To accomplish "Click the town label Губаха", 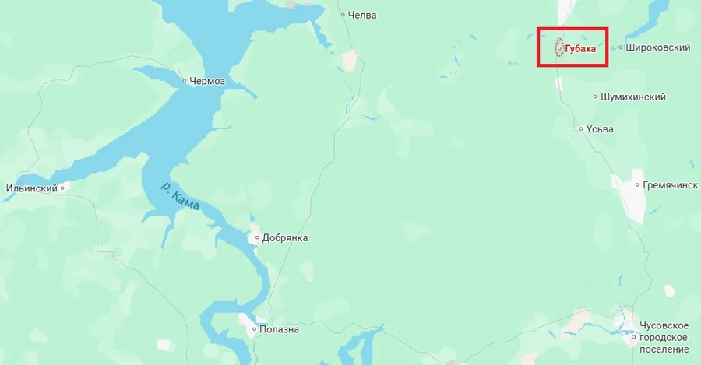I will pos(580,48).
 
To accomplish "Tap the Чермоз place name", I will pos(207,80).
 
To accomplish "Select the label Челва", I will pos(363,15).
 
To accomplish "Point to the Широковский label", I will pos(659,47).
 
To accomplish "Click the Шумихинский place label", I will pos(633,97).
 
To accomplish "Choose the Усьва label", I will pos(600,128).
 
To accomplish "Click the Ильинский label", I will pos(32,188).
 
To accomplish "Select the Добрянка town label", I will pos(284,237).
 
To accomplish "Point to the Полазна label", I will pos(280,330).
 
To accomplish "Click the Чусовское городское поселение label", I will pos(664,337).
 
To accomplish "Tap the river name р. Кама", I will pos(180,198).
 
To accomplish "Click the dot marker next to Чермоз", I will pos(185,80).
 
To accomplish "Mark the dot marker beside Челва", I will pos(343,15).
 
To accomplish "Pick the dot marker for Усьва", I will pos(581,128).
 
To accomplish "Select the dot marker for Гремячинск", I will pos(637,185).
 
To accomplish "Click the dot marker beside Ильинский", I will pos(62,188).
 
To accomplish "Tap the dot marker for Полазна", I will pos(254,330).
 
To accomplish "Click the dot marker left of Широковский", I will pos(621,47).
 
